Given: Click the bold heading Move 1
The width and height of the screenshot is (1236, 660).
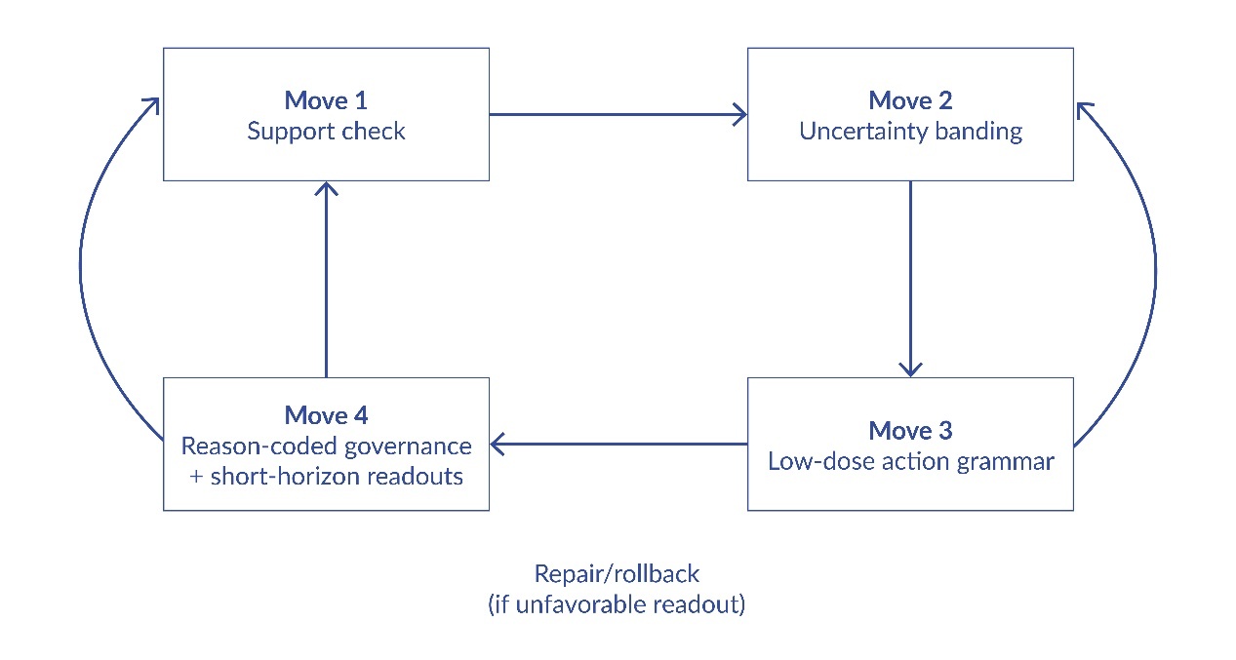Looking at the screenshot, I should tap(326, 100).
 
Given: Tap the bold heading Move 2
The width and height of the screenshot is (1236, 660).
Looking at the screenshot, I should tap(910, 100).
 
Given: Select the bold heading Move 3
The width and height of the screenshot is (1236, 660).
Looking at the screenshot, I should tap(910, 430).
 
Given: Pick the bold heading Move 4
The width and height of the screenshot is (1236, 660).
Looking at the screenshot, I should tap(326, 415).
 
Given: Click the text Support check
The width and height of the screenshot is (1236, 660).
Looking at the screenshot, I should tap(326, 132).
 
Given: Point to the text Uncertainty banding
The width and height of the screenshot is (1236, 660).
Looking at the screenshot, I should tap(910, 132).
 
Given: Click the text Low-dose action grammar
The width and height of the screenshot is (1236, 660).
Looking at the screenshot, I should tap(910, 461).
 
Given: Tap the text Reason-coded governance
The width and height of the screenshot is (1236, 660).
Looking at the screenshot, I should tap(326, 446).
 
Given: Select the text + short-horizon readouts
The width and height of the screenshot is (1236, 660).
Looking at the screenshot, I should tap(326, 477).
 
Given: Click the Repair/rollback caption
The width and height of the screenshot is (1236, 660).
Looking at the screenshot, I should tap(617, 573).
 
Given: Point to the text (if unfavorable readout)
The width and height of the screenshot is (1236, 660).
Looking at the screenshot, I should tap(617, 604).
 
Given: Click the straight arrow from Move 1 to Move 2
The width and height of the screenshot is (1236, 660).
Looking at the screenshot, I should tap(618, 114).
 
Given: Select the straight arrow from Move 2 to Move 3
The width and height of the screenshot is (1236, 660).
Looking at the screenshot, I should tap(910, 278).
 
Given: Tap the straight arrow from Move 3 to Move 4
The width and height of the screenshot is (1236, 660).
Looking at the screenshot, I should tap(618, 445).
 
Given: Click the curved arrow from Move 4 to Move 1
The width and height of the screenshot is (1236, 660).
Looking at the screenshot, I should tap(80, 273).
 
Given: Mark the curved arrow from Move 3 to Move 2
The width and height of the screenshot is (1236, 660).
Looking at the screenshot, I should tap(1155, 273).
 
